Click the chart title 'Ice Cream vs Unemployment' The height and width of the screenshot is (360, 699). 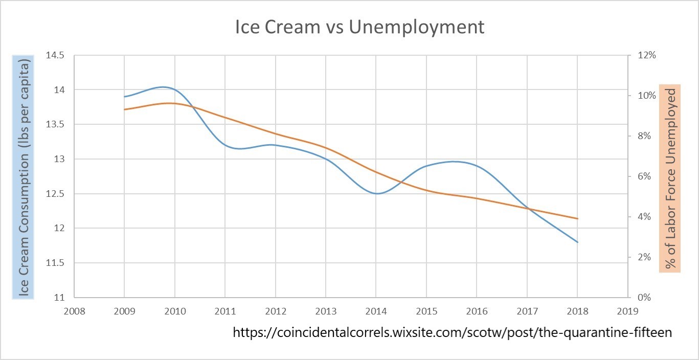coord(359,27)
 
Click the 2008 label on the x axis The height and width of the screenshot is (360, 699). coord(74,310)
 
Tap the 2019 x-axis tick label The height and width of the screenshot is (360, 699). coord(628,310)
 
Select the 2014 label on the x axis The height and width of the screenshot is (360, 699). coord(376,310)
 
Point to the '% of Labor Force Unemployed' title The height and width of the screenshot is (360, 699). coord(670,178)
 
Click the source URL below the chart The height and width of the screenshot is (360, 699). coord(452,332)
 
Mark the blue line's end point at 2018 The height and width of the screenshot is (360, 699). coord(577,242)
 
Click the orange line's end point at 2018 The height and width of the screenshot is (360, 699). coord(577,218)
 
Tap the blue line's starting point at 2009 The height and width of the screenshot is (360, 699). coord(124,97)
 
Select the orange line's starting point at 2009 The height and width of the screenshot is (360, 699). coord(124,109)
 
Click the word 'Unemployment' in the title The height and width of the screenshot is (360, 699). coord(416,27)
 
